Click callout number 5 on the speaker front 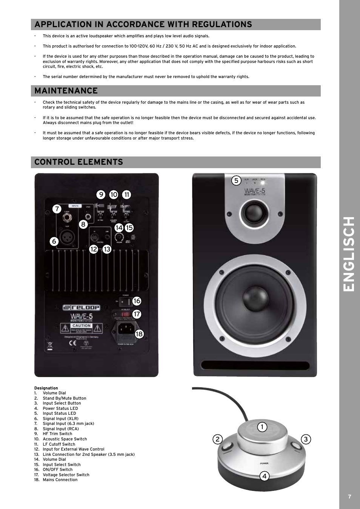tap(236, 181)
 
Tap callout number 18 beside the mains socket tap(139, 334)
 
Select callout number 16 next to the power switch tap(137, 300)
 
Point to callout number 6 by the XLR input tap(54, 241)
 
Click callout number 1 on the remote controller tap(262, 427)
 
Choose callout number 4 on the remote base tap(264, 476)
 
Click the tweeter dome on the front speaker tap(254, 213)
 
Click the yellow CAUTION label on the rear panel tap(82, 326)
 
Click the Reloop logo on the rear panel tap(81, 308)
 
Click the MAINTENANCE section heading tap(66, 91)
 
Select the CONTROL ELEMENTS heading tap(78, 162)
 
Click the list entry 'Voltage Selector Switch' tap(66, 475)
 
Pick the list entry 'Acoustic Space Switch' tap(65, 439)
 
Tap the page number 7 tap(349, 497)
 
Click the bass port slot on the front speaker tap(255, 365)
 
